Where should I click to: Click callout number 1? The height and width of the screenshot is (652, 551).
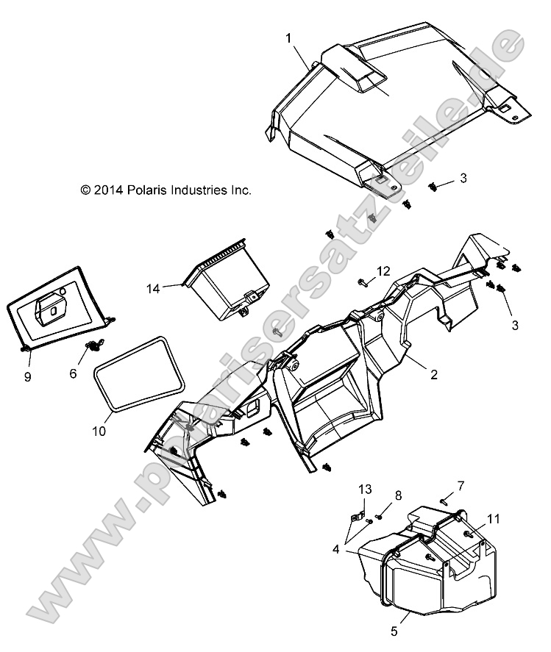(289, 36)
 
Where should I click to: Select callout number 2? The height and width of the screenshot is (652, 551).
(434, 374)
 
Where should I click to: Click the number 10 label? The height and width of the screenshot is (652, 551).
(99, 431)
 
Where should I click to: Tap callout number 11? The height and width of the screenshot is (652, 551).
(492, 519)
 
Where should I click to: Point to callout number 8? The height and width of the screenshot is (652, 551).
(398, 495)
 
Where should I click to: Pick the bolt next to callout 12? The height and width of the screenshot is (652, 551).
(363, 282)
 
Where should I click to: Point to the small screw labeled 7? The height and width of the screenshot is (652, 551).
(444, 501)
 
